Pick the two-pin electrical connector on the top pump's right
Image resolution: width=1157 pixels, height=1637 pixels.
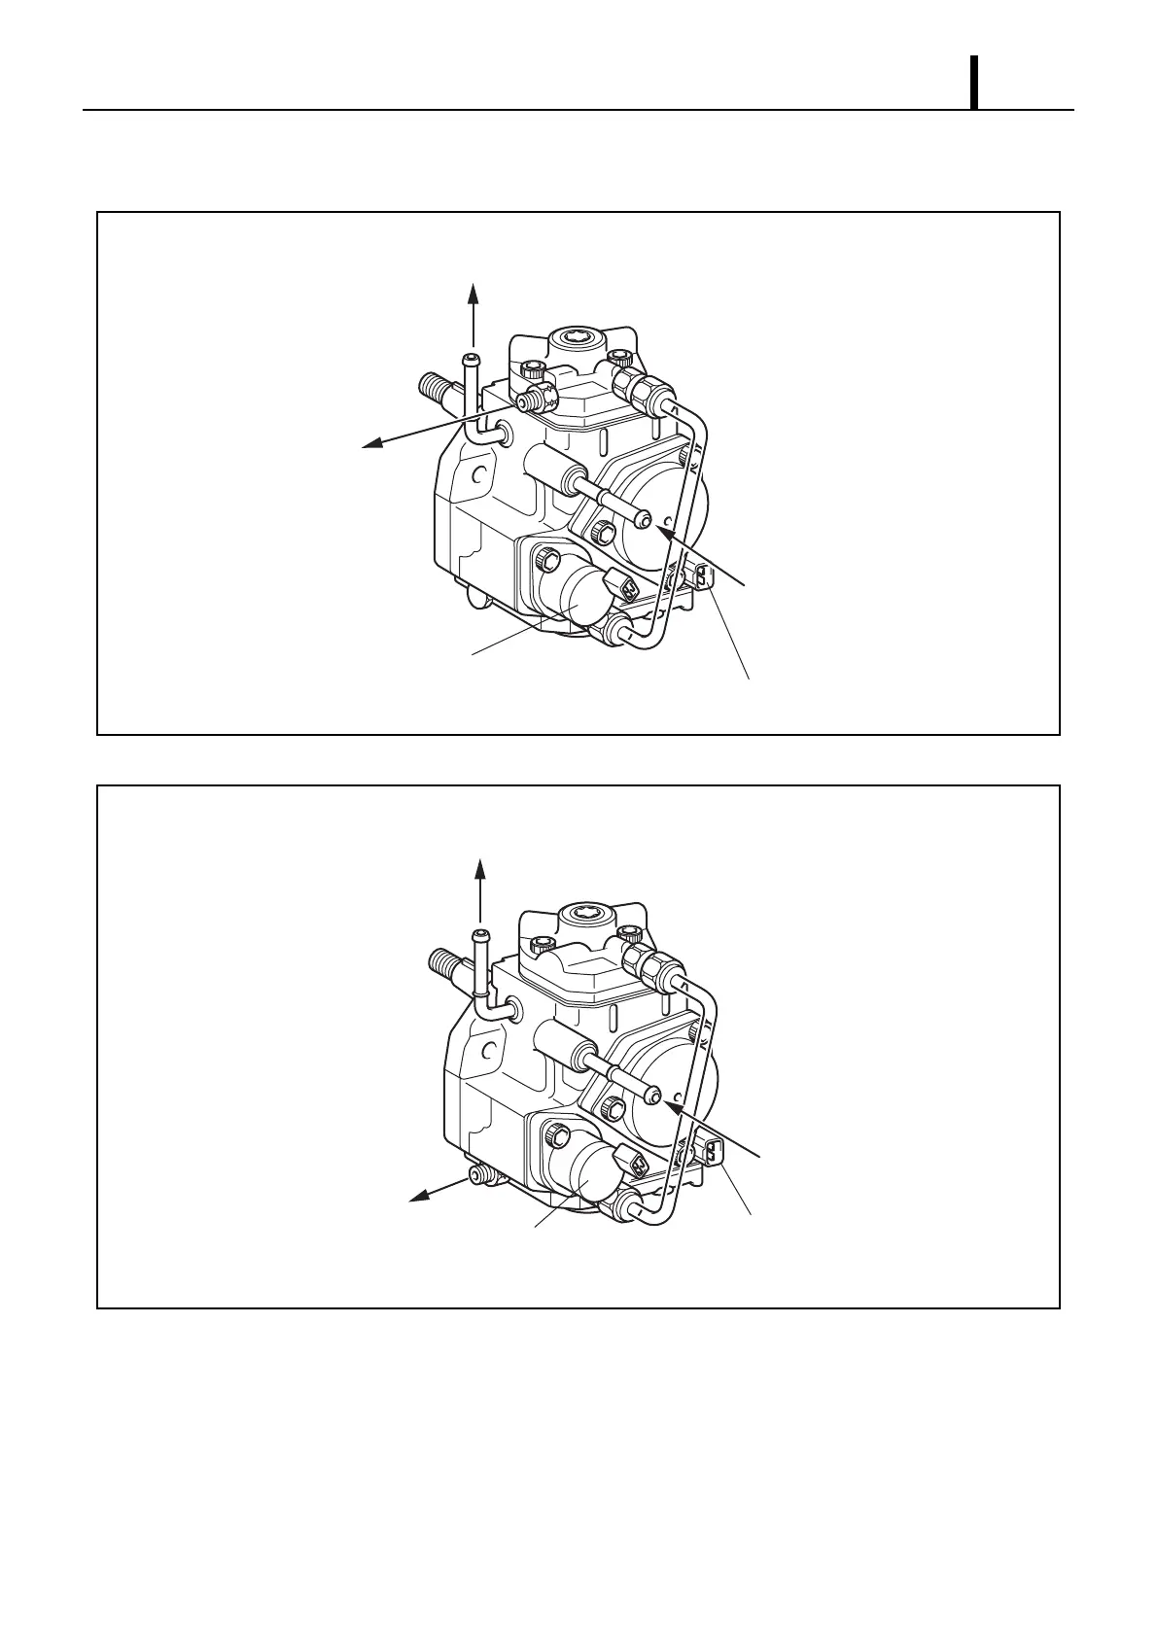click(705, 577)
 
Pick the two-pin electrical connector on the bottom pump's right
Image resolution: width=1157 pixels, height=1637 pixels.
click(713, 1152)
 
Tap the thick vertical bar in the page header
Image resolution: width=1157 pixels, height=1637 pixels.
click(973, 84)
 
